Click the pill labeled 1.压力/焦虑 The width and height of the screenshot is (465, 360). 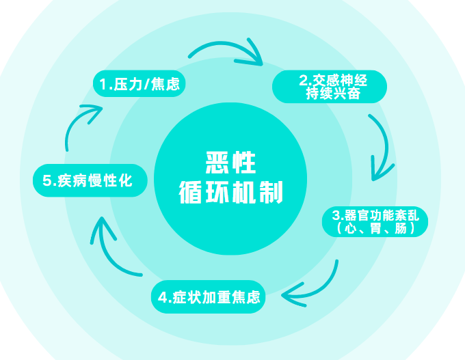click(x=139, y=84)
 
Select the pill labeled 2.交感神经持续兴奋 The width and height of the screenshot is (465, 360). click(x=330, y=87)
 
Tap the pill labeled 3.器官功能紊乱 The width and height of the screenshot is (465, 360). click(x=375, y=222)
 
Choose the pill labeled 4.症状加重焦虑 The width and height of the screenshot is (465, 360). click(x=207, y=298)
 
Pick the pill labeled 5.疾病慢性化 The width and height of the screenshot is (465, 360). click(x=90, y=180)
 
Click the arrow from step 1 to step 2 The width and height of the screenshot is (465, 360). click(x=226, y=53)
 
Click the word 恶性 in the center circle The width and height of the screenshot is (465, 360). click(x=230, y=163)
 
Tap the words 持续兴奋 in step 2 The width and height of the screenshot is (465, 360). click(x=333, y=94)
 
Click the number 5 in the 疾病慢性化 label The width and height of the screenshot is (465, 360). click(x=47, y=181)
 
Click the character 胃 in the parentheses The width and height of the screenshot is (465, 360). click(x=375, y=229)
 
